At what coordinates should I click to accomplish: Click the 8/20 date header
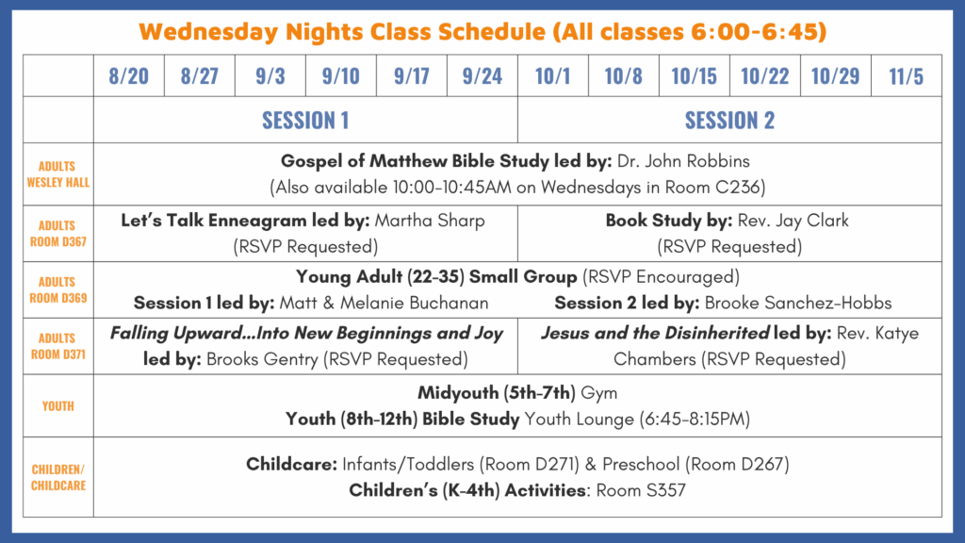click(x=128, y=76)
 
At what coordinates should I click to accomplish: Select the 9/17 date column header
click(x=412, y=76)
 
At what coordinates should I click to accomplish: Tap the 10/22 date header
click(x=764, y=76)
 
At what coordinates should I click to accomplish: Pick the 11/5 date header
click(x=906, y=76)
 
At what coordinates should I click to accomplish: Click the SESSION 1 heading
click(x=305, y=120)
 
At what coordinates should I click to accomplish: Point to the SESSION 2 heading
click(x=729, y=120)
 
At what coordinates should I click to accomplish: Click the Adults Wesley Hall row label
click(x=57, y=174)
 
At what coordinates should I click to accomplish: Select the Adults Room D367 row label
click(x=57, y=234)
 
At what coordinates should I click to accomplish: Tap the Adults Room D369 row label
click(x=57, y=290)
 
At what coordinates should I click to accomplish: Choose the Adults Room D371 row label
click(x=57, y=346)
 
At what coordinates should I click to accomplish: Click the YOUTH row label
click(x=57, y=406)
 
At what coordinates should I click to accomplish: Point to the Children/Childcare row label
click(x=57, y=477)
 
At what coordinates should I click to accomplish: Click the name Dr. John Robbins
click(x=683, y=161)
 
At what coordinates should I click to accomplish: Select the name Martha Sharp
click(x=430, y=221)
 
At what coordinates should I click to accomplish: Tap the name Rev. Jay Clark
click(x=793, y=221)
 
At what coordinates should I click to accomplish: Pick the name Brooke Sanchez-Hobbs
click(x=797, y=303)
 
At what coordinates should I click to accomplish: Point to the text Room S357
click(x=641, y=490)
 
